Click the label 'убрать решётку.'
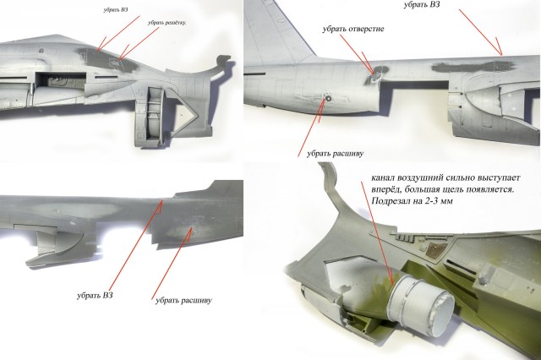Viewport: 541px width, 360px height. point(167,23)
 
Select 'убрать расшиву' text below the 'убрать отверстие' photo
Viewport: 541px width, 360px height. point(325,153)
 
